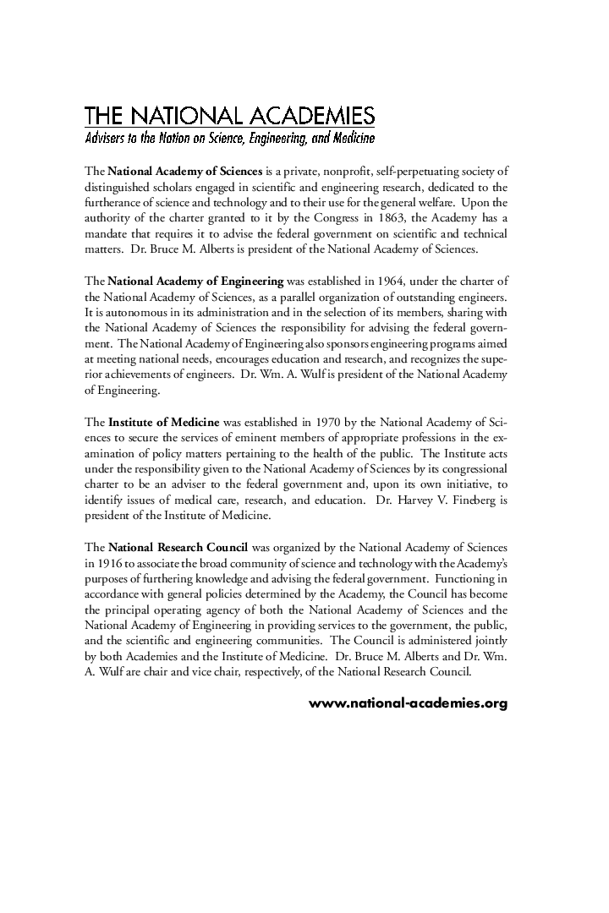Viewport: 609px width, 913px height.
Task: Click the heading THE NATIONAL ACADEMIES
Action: (229, 116)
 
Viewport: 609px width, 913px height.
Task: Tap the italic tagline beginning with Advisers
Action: (229, 137)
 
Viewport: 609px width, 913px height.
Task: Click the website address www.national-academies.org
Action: (408, 703)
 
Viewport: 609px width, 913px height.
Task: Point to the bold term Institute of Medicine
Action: (164, 422)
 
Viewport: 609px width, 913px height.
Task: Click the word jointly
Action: (490, 642)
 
